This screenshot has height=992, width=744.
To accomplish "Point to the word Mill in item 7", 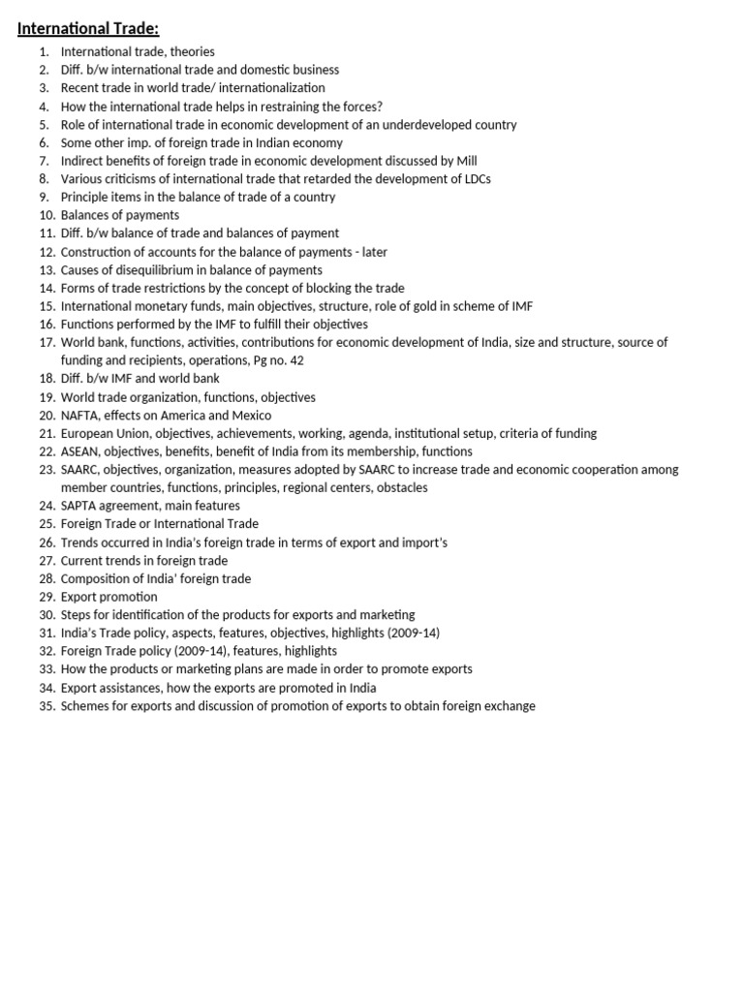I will pyautogui.click(x=466, y=161).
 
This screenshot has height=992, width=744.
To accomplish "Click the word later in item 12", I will pyautogui.click(x=371, y=252).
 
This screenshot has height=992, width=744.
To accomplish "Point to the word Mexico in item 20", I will pyautogui.click(x=252, y=415).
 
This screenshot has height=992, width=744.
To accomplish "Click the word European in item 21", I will pyautogui.click(x=86, y=433).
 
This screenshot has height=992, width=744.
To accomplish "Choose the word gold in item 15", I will pyautogui.click(x=421, y=306).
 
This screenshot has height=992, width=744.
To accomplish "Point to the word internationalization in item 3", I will pyautogui.click(x=264, y=88).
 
